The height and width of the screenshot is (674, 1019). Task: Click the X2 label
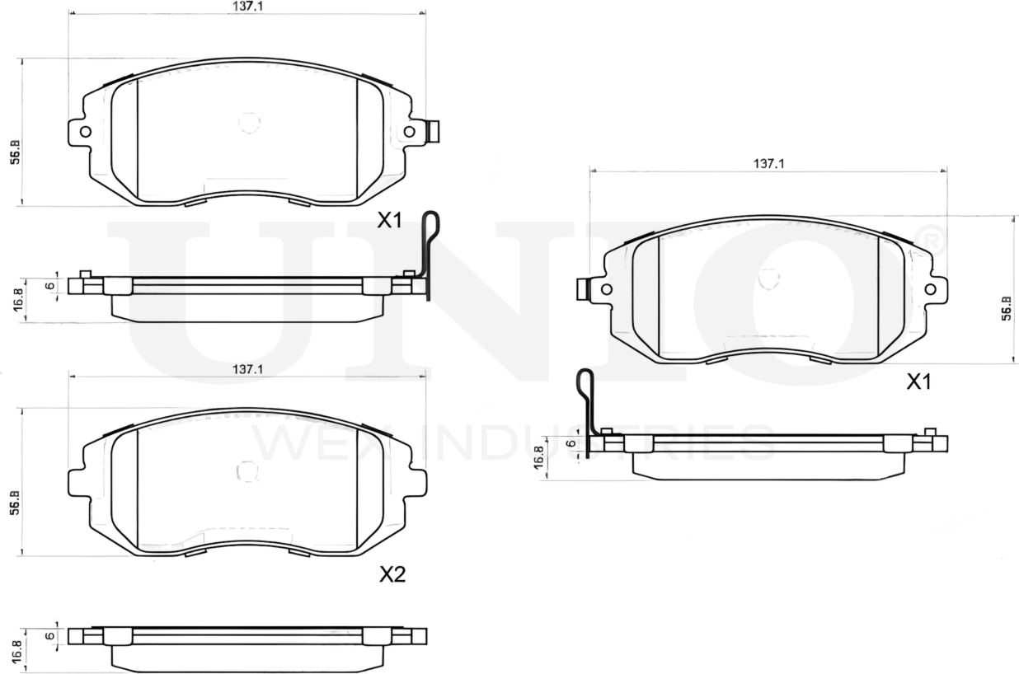(x=392, y=574)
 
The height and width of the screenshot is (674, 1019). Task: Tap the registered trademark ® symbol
(x=932, y=238)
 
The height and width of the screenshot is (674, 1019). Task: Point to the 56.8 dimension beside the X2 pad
(x=15, y=503)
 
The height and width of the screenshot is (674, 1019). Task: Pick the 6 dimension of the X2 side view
(x=49, y=635)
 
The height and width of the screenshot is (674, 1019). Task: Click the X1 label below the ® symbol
(x=918, y=381)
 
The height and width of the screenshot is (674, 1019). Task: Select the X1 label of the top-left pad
(x=389, y=220)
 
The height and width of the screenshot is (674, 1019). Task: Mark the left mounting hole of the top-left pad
(x=85, y=131)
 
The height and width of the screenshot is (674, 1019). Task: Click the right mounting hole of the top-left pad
(x=409, y=131)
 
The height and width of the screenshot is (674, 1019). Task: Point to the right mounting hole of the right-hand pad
(x=931, y=288)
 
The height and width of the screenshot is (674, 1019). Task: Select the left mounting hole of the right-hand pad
(x=607, y=288)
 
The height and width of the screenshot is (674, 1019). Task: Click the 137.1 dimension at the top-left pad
(x=247, y=6)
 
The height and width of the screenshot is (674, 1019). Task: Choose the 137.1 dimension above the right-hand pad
(x=768, y=164)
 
